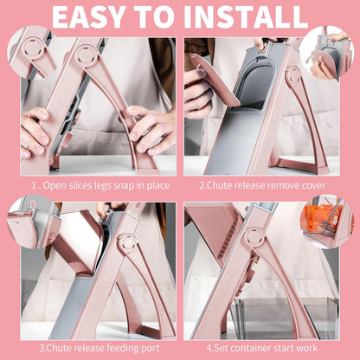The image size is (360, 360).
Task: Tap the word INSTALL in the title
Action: point(246,16)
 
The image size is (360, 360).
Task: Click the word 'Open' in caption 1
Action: point(53,186)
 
